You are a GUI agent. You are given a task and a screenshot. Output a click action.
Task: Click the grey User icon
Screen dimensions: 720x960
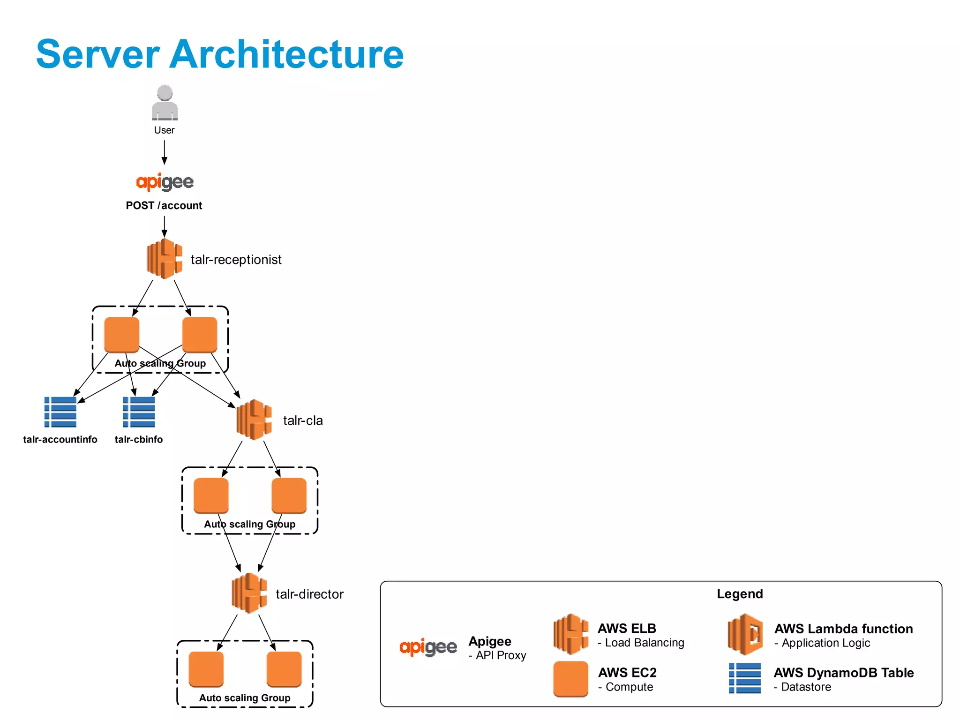coord(165,103)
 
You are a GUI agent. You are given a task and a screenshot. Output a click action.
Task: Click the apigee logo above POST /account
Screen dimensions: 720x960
coord(165,182)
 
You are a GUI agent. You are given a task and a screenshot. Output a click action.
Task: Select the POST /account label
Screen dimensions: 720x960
coord(164,205)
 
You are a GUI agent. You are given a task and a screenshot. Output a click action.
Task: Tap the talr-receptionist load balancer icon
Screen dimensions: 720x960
coord(164,259)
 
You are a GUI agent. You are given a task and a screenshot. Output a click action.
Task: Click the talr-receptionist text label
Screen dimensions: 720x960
coord(236,260)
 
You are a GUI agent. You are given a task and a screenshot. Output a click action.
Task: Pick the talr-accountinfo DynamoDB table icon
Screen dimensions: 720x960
coord(60,412)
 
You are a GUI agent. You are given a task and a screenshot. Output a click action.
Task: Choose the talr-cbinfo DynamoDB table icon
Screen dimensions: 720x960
coord(139,412)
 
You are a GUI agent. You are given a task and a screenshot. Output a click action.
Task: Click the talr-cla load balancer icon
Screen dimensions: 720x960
coord(254,420)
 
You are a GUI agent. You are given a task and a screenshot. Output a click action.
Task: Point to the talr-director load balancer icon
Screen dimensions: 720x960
coord(249,593)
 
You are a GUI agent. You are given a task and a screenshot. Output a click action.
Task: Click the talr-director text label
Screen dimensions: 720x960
coord(309,594)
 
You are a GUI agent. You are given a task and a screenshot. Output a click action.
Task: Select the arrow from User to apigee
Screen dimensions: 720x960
coord(164,152)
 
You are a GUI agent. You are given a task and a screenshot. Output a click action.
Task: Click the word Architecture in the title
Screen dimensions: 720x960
coord(286,54)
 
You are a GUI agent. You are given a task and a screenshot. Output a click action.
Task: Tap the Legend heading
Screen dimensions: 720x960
coord(739,594)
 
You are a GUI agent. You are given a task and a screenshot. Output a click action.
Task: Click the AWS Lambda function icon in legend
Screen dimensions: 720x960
coord(745,634)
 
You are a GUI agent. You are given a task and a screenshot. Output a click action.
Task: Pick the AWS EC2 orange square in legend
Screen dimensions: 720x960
coord(570,679)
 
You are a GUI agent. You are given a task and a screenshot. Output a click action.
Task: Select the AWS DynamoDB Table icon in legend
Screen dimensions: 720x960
coord(745,678)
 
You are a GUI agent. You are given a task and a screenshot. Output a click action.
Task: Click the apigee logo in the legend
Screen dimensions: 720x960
coord(428,647)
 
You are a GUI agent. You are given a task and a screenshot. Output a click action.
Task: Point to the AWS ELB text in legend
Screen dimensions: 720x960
coord(627,628)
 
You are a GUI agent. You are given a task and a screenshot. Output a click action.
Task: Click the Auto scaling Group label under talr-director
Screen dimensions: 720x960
coord(245,698)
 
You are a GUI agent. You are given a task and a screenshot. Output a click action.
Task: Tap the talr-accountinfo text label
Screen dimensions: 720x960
coord(60,440)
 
